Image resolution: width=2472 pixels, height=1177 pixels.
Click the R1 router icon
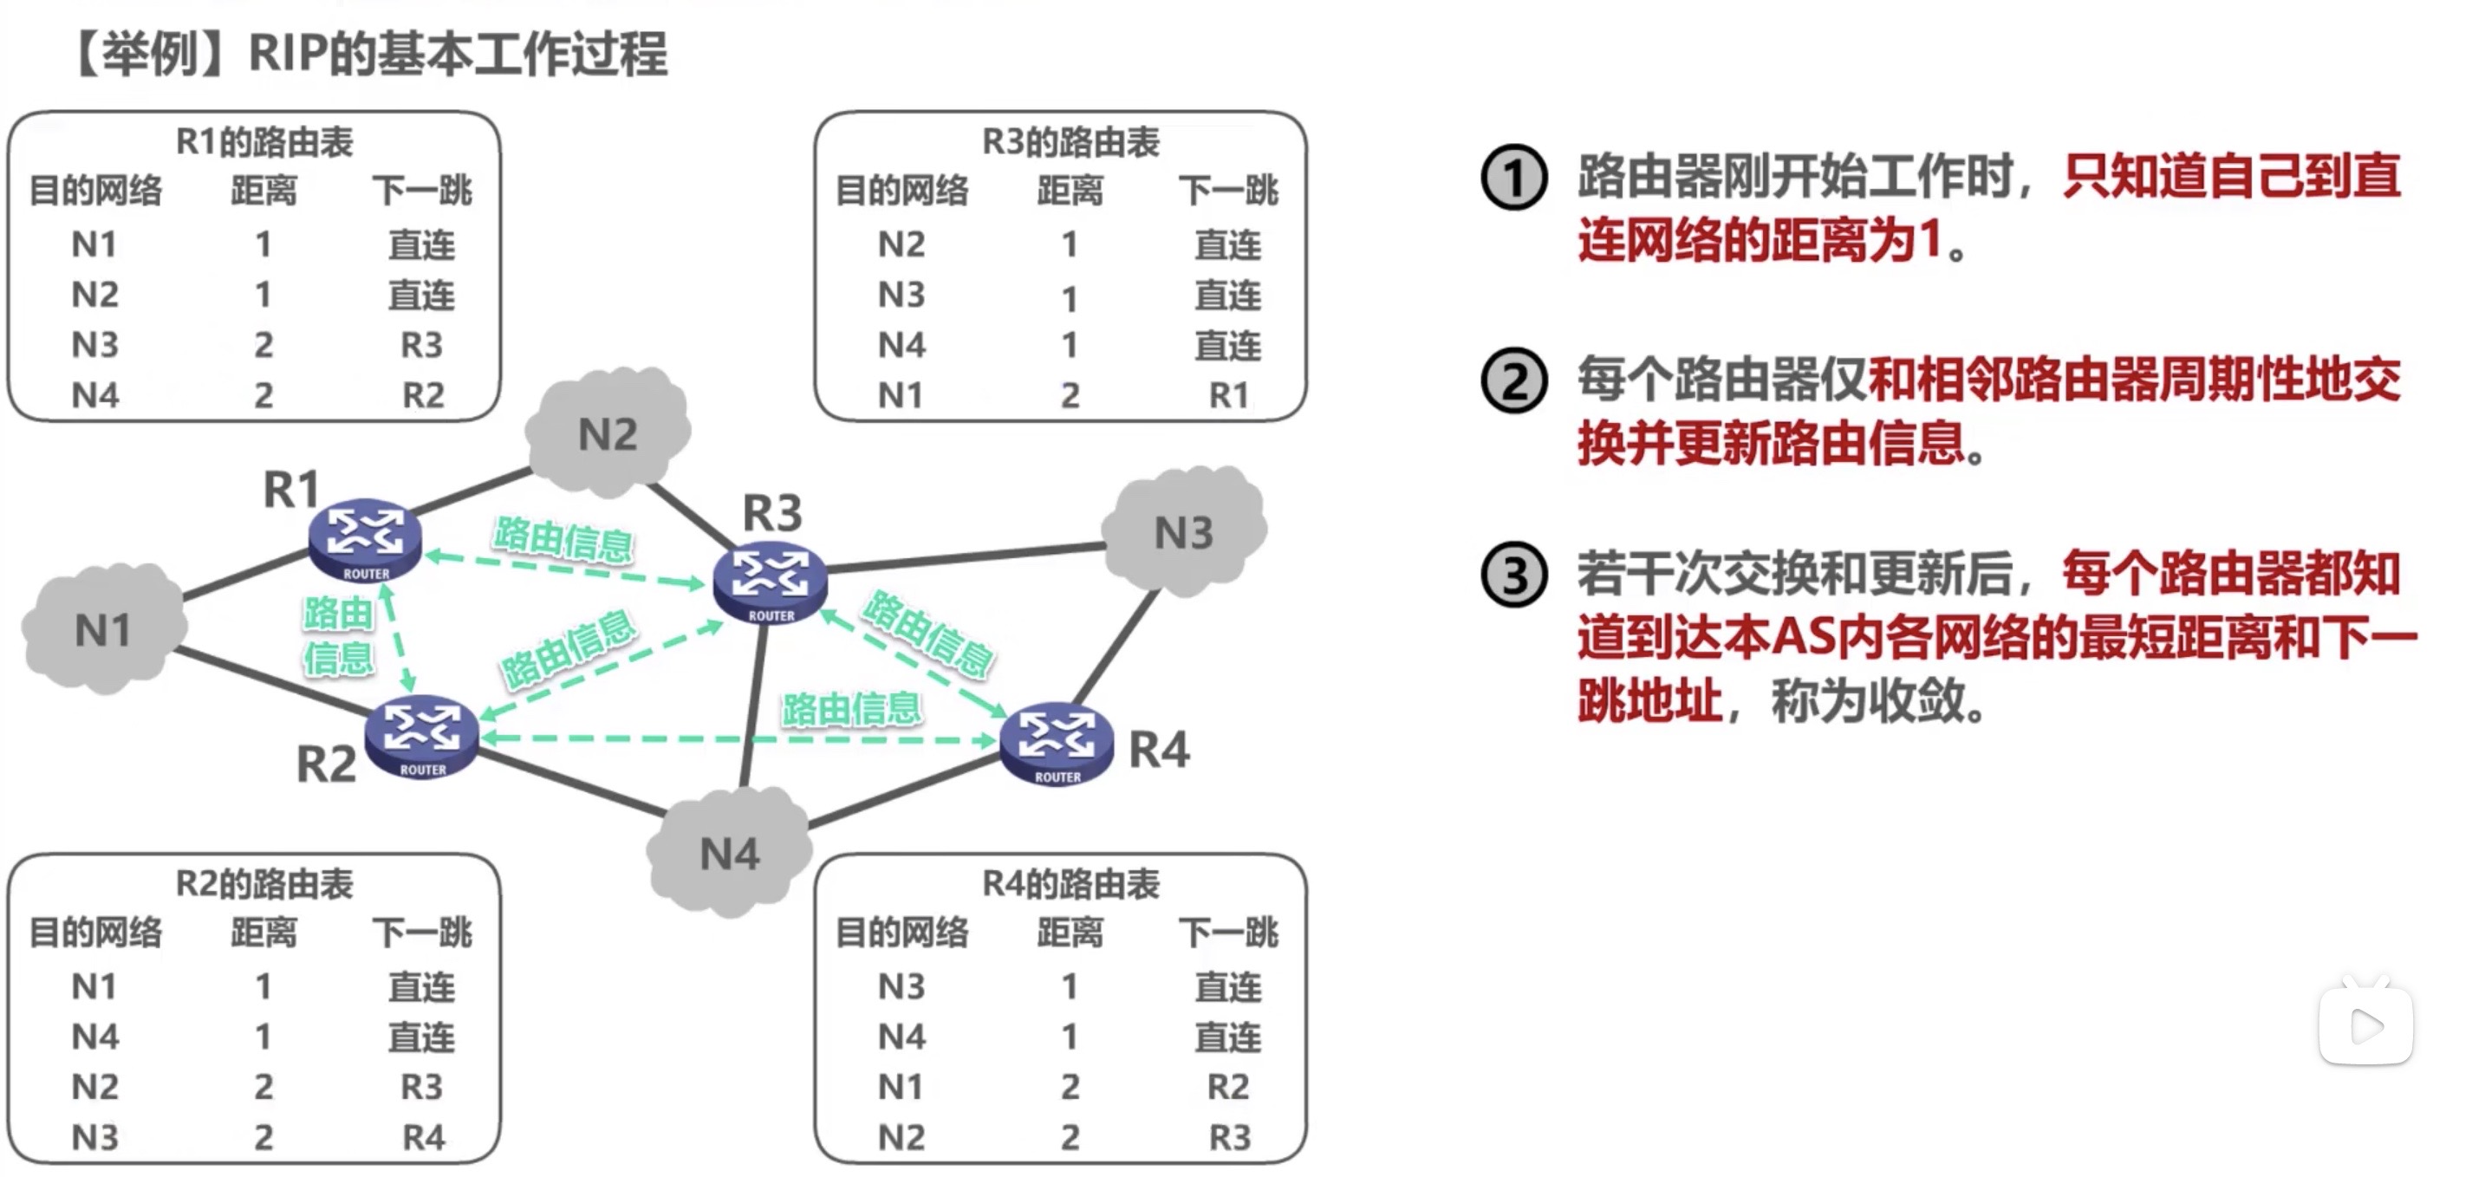365,538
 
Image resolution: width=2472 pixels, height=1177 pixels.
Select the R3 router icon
770,582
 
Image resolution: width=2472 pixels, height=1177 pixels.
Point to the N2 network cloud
608,432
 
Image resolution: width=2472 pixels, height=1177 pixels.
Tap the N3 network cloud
1183,530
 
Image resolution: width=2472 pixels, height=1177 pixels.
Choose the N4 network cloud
729,852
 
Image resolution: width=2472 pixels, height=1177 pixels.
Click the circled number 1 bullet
1513,179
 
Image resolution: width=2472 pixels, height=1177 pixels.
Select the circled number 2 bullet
1513,380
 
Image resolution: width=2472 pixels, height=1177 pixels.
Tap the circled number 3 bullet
1513,575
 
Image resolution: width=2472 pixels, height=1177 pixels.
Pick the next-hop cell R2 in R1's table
422,394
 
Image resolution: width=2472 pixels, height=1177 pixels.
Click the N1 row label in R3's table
901,394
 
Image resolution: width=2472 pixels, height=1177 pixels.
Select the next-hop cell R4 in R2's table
423,1137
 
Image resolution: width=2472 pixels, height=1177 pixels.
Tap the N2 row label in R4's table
901,1137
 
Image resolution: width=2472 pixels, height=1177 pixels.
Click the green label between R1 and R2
338,635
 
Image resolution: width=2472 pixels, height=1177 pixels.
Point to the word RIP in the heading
286,53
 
